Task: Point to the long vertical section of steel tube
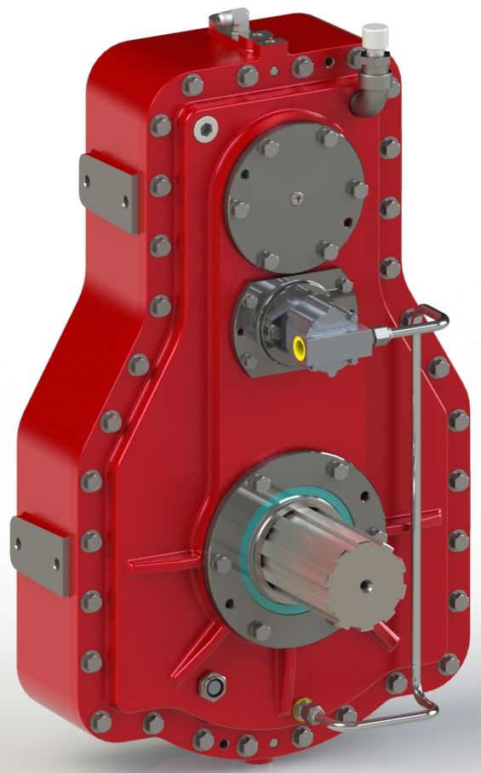click(414, 510)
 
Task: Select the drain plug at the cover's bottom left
click(211, 685)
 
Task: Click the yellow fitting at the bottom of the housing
click(300, 707)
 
